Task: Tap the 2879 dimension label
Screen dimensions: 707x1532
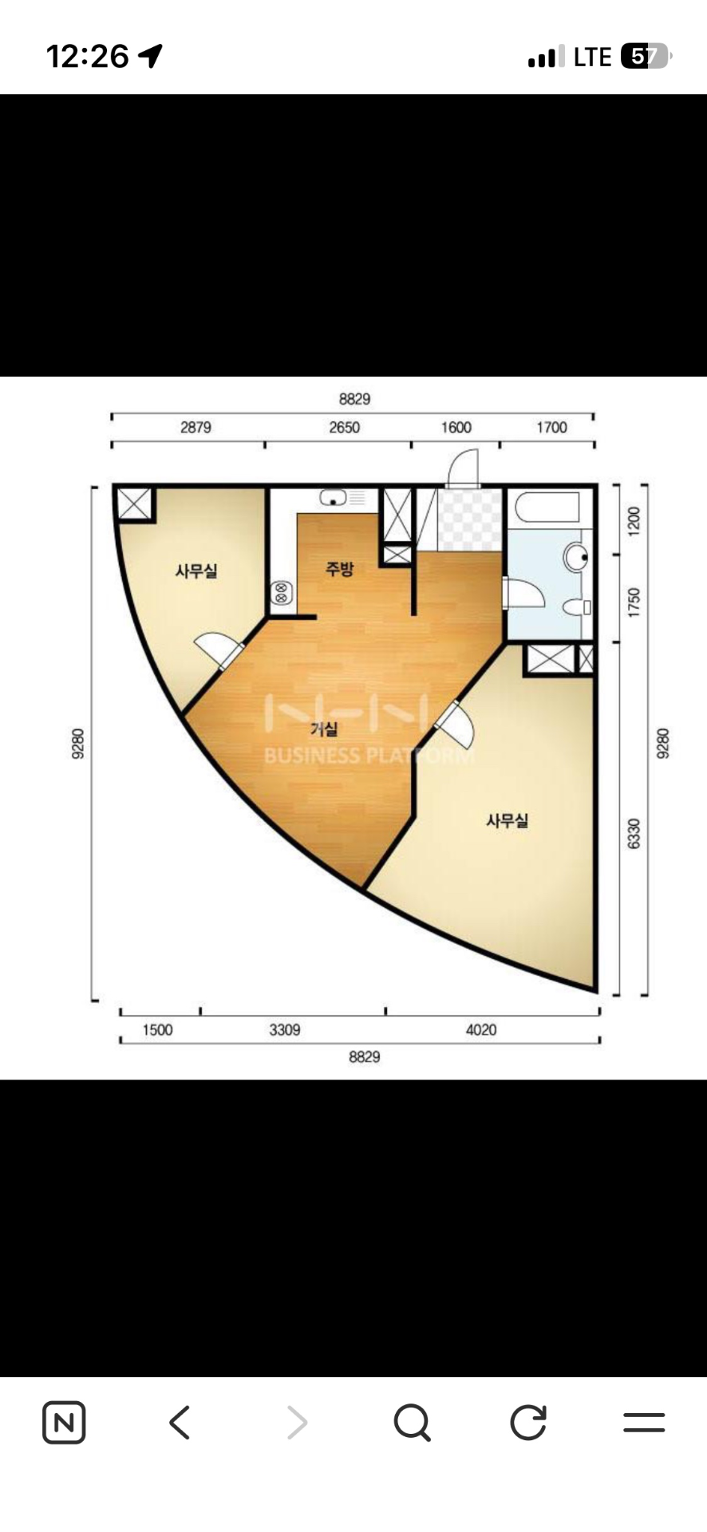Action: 196,428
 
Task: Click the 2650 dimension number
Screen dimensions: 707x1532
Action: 345,428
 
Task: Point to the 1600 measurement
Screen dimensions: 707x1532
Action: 456,428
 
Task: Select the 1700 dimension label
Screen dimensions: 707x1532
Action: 551,428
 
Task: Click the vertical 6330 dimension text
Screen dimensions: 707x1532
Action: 634,833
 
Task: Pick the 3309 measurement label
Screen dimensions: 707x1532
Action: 285,1030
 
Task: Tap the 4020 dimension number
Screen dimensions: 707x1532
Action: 481,1030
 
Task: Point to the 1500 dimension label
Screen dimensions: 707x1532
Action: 157,1030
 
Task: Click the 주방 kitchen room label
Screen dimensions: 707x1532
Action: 339,569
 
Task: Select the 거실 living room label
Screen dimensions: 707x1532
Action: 324,728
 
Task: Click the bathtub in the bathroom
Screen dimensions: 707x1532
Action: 547,507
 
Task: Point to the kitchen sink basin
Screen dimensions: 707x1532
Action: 334,498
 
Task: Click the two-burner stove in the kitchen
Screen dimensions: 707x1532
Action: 281,592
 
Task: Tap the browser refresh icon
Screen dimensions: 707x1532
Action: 528,1422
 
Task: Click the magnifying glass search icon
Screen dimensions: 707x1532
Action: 413,1423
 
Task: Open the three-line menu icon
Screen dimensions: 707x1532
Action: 644,1422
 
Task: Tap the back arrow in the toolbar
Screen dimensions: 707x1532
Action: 180,1422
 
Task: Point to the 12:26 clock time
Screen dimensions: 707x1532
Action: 87,56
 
